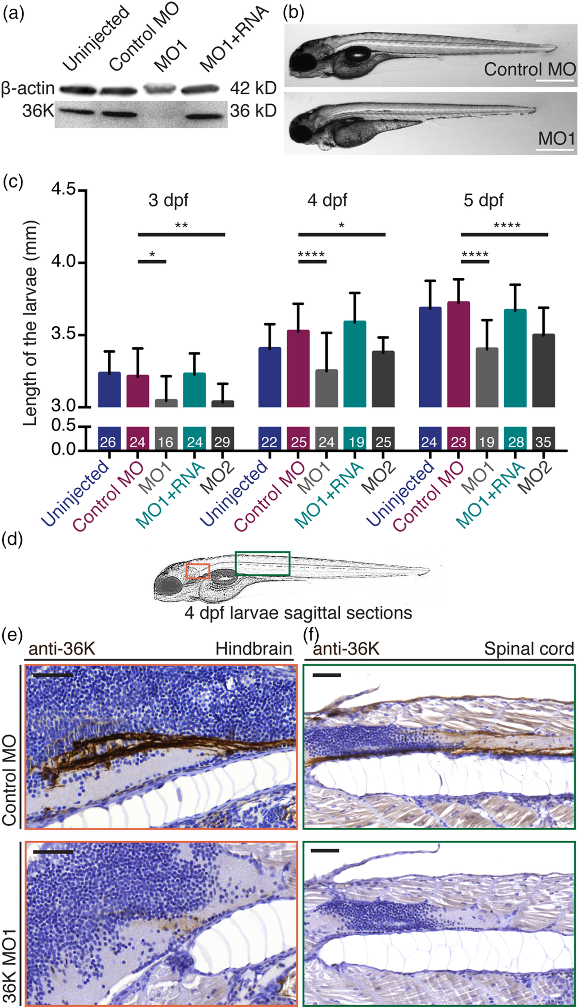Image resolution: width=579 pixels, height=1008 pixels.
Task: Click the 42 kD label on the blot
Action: pyautogui.click(x=253, y=88)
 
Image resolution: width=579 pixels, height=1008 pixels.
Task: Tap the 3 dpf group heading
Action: pyautogui.click(x=168, y=200)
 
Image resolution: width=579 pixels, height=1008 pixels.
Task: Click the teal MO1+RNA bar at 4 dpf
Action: pyautogui.click(x=355, y=364)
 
